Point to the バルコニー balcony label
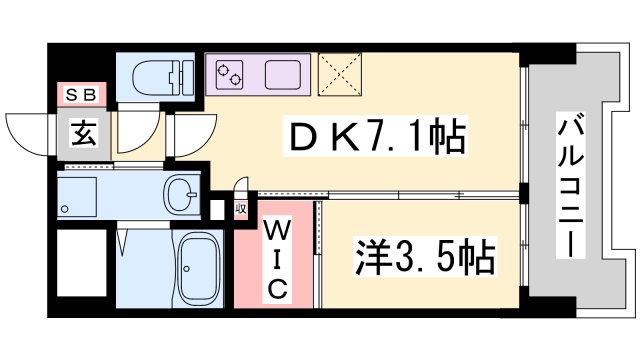[573, 186]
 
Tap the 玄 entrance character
[83, 130]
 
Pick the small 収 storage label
[240, 209]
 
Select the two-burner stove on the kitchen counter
[227, 73]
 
